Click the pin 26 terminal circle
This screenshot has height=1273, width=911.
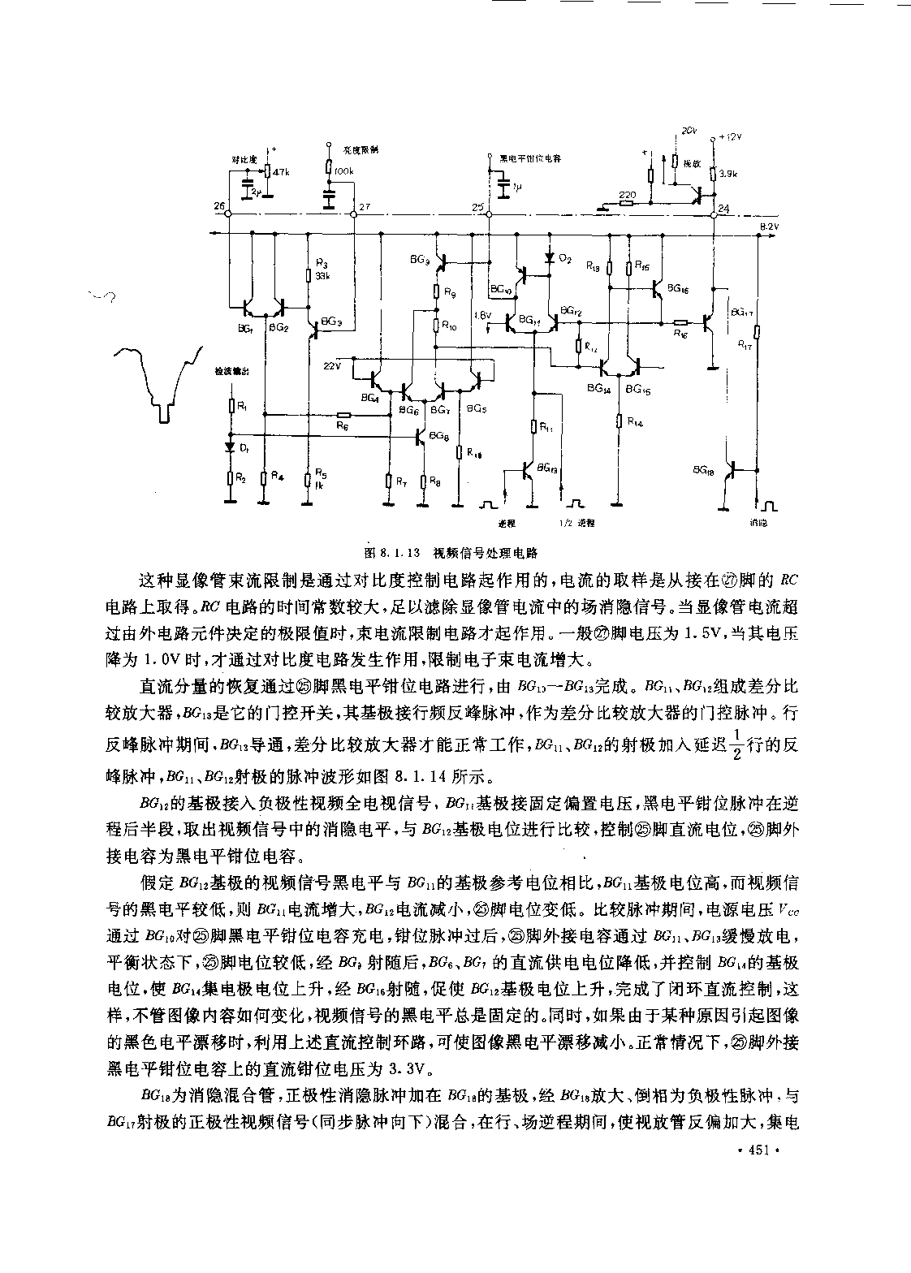click(229, 214)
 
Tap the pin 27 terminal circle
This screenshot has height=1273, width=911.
click(353, 214)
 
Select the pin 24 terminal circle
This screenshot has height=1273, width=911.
click(713, 214)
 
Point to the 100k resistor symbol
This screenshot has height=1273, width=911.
click(329, 167)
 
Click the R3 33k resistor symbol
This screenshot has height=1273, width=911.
click(309, 275)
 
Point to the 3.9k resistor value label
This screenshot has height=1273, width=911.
click(728, 174)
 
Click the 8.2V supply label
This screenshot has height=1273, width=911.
click(768, 227)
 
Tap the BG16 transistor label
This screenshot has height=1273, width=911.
click(678, 288)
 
